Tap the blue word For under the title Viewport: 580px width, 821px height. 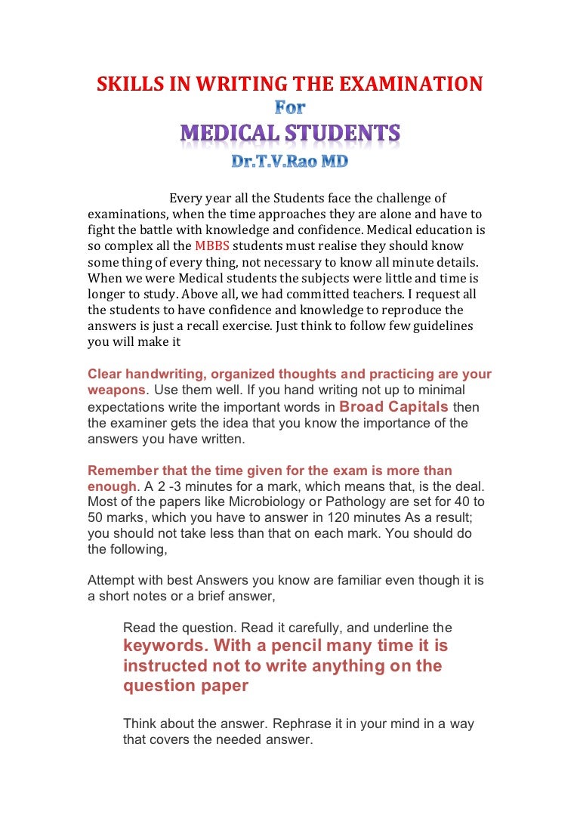click(289, 109)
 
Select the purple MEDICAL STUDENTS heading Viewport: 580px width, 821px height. click(290, 134)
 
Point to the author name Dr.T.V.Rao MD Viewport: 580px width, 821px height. click(289, 162)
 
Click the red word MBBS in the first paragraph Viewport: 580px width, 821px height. click(211, 246)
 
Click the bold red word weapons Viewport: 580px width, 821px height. click(116, 390)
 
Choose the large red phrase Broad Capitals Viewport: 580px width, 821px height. click(393, 406)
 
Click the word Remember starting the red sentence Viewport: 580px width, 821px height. click(121, 471)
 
